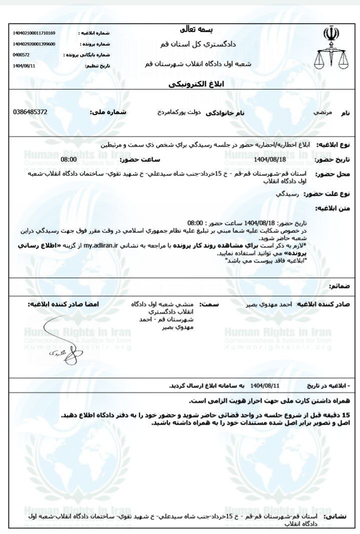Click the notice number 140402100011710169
[34, 33]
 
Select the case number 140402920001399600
[34, 44]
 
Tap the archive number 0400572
[21, 54]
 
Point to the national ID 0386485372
[30, 111]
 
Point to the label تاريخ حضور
[332, 160]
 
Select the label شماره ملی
[108, 112]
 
